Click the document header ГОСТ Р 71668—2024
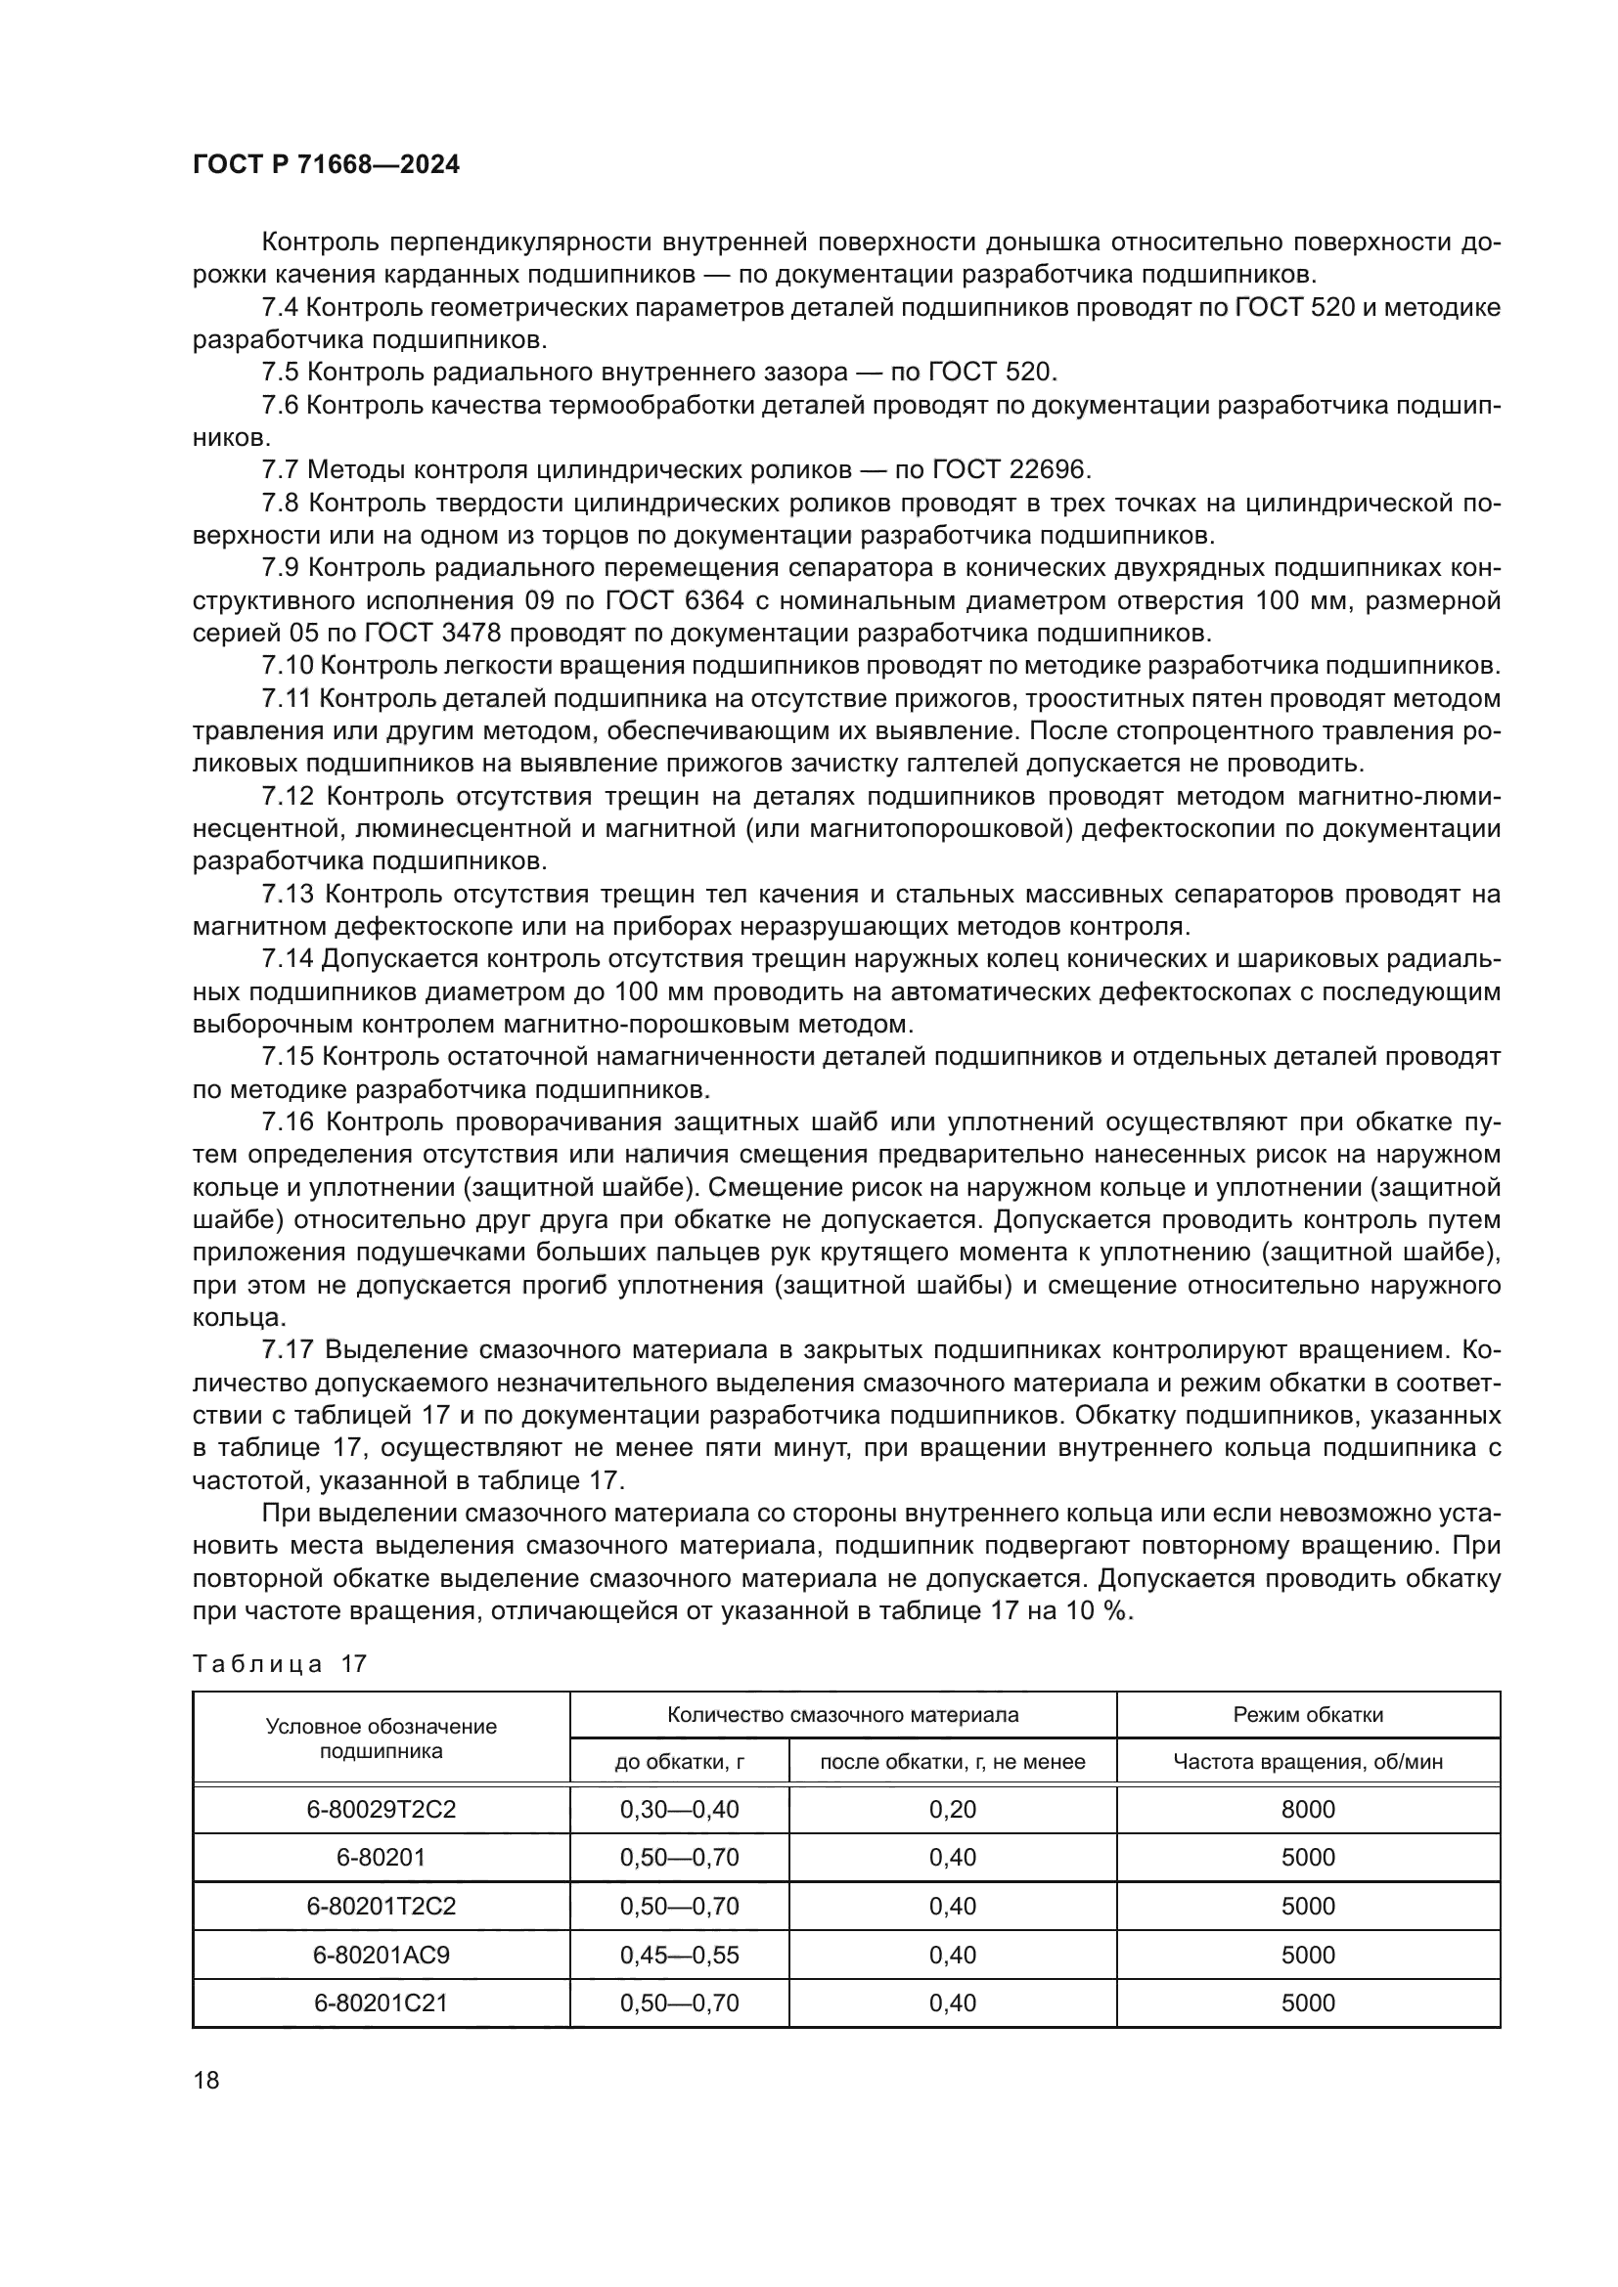tap(326, 165)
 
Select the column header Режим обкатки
tap(1307, 1714)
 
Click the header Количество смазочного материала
tap(842, 1714)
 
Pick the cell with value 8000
tap(1307, 1809)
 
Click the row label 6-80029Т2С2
tap(381, 1809)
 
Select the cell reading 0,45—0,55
tap(680, 1955)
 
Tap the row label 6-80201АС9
tap(381, 1955)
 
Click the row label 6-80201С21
tap(381, 2002)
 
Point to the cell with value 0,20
tap(952, 1809)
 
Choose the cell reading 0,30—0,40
tap(680, 1809)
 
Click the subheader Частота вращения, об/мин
tap(1307, 1761)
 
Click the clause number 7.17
tap(287, 1349)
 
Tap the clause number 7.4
tap(280, 308)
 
